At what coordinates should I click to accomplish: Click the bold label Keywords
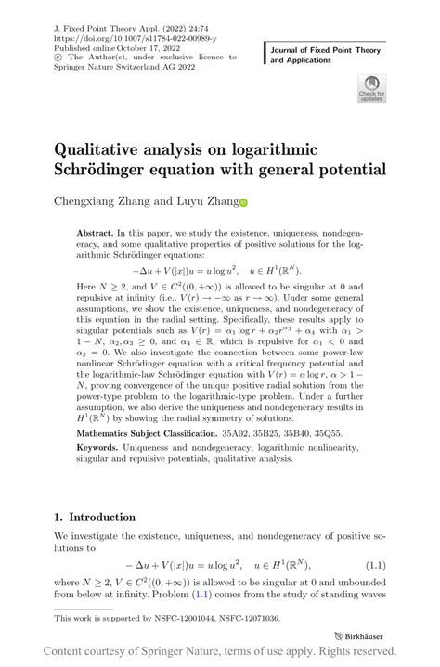[x=102, y=446]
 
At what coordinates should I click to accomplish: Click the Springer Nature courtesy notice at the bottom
[x=220, y=652]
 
